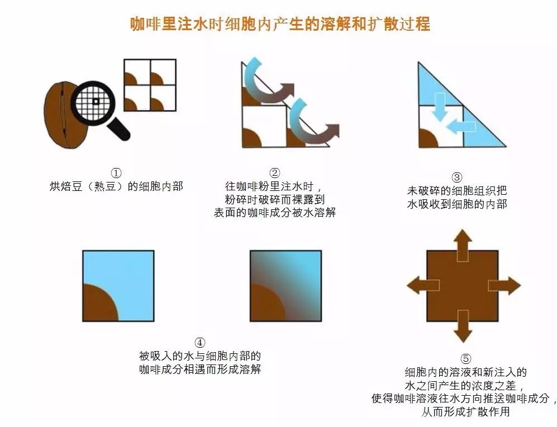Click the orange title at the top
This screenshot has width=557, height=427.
pyautogui.click(x=280, y=24)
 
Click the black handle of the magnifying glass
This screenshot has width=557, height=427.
pyautogui.click(x=118, y=129)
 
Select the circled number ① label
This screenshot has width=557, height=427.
pyautogui.click(x=116, y=173)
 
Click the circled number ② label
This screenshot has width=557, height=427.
pyautogui.click(x=275, y=173)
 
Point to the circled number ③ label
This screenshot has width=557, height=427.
pyautogui.click(x=456, y=177)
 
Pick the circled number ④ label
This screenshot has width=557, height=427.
pyautogui.click(x=200, y=343)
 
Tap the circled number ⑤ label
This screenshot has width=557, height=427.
pyautogui.click(x=466, y=359)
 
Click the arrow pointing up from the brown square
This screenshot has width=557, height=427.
pyautogui.click(x=462, y=245)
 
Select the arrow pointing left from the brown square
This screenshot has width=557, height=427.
pyautogui.click(x=423, y=285)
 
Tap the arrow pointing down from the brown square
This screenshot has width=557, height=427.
pyautogui.click(x=463, y=326)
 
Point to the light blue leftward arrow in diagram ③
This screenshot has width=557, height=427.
pyautogui.click(x=460, y=127)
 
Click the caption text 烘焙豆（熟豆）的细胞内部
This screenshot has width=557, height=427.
pyautogui.click(x=116, y=186)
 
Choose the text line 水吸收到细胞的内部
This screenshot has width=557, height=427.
pyautogui.click(x=457, y=204)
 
